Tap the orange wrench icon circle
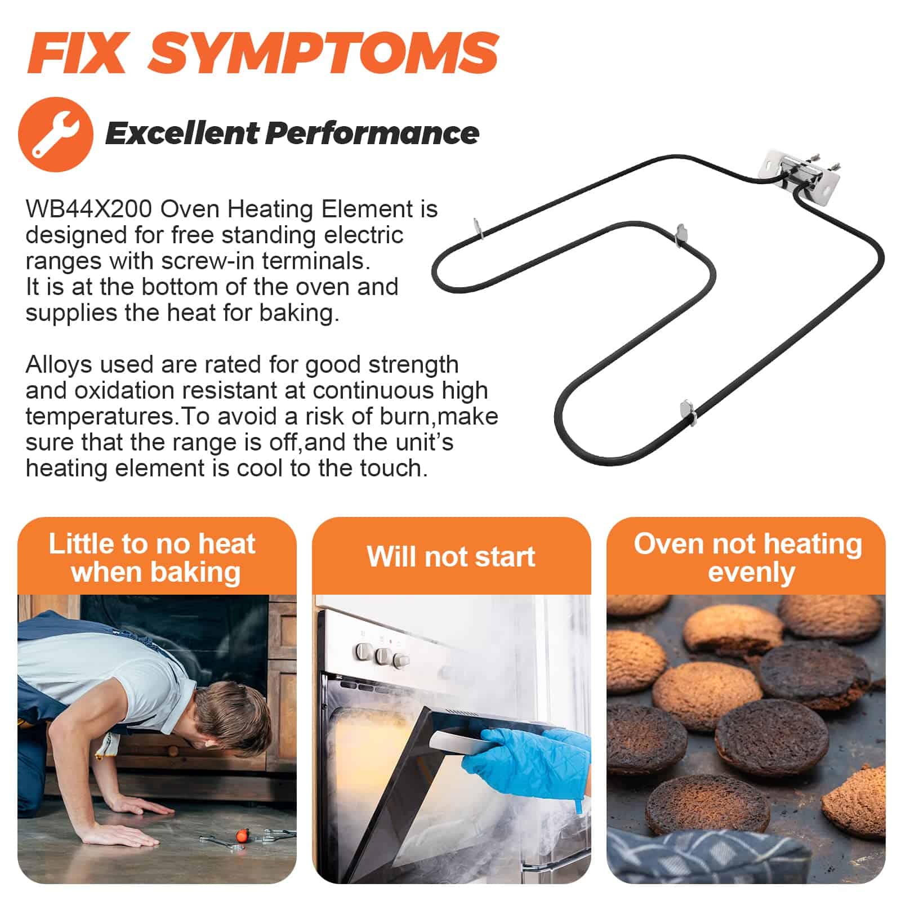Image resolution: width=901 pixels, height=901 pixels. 56,134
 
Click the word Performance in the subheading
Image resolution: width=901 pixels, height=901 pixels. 372,134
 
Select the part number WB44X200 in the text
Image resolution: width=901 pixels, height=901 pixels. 89,209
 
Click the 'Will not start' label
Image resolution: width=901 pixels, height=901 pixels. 451,556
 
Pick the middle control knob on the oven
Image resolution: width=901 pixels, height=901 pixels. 383,656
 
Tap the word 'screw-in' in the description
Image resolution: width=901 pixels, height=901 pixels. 209,261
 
